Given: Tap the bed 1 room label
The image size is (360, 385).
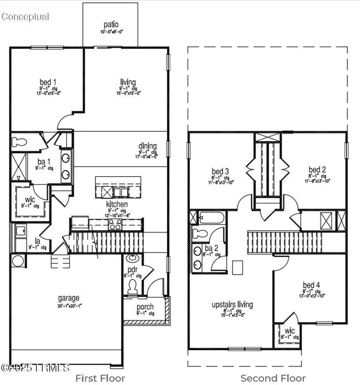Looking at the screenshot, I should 50,82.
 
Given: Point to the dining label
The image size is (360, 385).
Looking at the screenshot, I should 148,146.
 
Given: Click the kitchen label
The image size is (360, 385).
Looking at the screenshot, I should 117,204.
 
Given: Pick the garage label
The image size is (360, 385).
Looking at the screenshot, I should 68,298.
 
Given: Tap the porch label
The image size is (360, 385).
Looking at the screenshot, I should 145,307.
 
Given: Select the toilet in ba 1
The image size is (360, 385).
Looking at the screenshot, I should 19,141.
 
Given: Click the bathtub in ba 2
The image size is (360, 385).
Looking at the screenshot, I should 209,218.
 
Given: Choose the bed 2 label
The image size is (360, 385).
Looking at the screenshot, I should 317,170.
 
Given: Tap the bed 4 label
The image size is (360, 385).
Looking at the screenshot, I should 311,285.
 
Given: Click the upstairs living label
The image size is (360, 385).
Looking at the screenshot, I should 232,305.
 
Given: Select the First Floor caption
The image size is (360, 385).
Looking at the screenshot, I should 100,378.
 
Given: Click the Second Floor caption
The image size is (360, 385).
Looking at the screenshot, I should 273,378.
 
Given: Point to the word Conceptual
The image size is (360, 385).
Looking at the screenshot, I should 25,17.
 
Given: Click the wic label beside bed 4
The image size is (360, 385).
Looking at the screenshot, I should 289,332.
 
